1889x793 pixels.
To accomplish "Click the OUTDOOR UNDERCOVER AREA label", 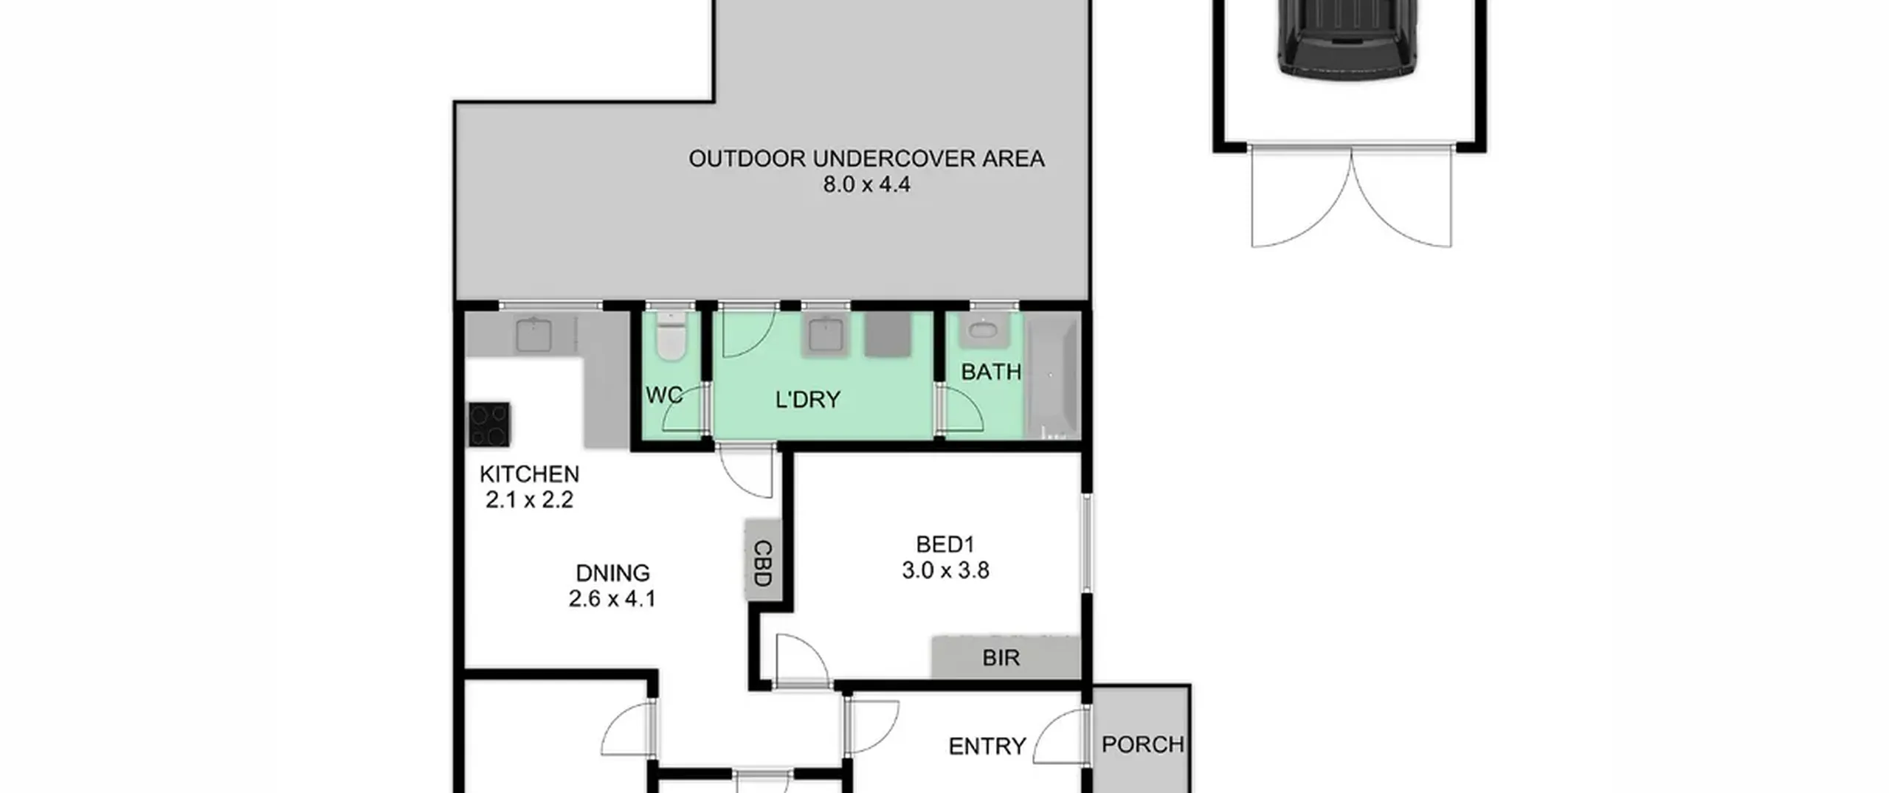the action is click(x=866, y=159).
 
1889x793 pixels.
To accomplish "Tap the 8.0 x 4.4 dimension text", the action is click(x=866, y=184).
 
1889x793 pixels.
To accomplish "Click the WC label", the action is click(x=664, y=395).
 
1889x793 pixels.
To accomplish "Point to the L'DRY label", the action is click(x=807, y=399).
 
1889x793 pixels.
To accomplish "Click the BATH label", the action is click(x=991, y=372).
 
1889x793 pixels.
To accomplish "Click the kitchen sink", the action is click(x=533, y=336).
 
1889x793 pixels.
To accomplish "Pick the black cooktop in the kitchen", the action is click(x=488, y=425).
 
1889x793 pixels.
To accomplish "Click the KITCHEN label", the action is click(x=529, y=474).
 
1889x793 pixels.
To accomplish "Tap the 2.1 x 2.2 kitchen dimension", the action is click(x=529, y=500).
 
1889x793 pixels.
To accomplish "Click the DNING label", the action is click(x=612, y=573).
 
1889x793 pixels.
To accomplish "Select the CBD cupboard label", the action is click(x=763, y=563).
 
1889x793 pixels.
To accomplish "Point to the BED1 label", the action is click(x=945, y=544).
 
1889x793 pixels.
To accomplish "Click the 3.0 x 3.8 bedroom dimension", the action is click(x=945, y=570).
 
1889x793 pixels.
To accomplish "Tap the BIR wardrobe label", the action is click(x=1001, y=657).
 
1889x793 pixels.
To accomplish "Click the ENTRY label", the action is click(x=987, y=747).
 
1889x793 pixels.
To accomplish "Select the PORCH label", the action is click(x=1143, y=744).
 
